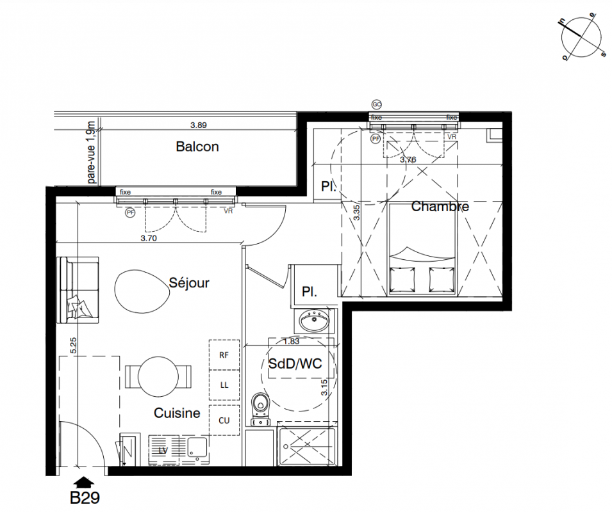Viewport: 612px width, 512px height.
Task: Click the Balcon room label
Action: (197, 147)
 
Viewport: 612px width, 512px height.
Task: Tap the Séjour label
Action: (189, 282)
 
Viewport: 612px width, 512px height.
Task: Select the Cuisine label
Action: (177, 413)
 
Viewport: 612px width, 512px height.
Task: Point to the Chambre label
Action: (440, 206)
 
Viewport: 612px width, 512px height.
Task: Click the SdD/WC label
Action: (295, 364)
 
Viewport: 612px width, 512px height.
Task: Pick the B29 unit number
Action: (85, 497)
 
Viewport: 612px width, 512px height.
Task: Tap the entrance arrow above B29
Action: (83, 483)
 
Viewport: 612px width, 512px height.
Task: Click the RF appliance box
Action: (224, 355)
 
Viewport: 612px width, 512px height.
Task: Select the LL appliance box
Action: (224, 385)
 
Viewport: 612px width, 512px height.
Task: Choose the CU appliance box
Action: (224, 420)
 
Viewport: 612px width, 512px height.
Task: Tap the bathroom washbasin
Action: (313, 320)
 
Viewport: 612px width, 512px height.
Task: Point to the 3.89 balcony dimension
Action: (198, 125)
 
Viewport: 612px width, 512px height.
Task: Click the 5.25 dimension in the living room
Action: (74, 345)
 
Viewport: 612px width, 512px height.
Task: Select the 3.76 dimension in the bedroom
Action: (408, 159)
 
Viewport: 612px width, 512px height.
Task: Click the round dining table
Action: (158, 376)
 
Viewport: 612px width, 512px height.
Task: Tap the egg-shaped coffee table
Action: (142, 291)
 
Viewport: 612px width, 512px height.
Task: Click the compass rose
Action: (581, 39)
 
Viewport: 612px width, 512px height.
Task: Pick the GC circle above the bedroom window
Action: (376, 104)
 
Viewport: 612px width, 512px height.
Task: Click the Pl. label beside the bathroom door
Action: (310, 291)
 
